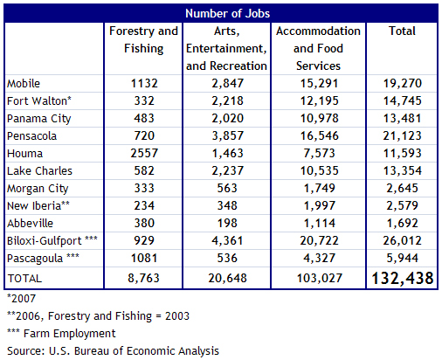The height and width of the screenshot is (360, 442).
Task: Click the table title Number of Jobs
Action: (x=227, y=13)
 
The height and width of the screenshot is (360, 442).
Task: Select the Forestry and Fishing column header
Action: (x=143, y=39)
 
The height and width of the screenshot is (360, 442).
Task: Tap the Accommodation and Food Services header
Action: (x=318, y=48)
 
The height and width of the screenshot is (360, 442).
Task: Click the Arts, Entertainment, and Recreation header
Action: (x=226, y=48)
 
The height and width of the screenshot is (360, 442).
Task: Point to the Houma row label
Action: (x=24, y=153)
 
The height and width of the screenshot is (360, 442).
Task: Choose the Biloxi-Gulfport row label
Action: (x=52, y=241)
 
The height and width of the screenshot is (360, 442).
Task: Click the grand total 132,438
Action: (x=403, y=278)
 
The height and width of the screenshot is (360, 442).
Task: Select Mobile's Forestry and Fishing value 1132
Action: (x=144, y=83)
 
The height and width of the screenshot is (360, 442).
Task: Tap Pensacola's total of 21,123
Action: (x=402, y=135)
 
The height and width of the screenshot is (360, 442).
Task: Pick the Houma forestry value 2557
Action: (x=144, y=153)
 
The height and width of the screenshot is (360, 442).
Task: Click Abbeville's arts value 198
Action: (x=227, y=223)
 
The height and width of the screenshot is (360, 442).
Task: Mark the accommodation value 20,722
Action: (x=319, y=240)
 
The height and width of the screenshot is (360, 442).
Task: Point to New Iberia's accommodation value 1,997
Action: (x=319, y=205)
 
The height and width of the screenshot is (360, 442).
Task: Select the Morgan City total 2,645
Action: (x=402, y=188)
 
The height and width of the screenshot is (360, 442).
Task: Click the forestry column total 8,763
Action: (x=143, y=278)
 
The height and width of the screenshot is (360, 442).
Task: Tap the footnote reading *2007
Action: (x=21, y=299)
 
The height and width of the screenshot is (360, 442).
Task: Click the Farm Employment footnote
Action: (x=61, y=334)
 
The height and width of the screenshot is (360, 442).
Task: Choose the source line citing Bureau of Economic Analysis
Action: (x=113, y=351)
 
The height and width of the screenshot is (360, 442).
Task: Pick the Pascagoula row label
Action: (x=43, y=259)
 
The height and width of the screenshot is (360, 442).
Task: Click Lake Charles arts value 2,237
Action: (x=227, y=170)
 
